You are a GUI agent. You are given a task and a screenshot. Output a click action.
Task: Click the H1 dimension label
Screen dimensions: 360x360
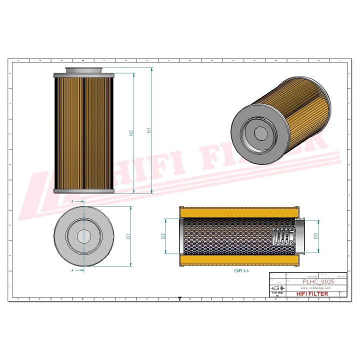pyautogui.click(x=149, y=131)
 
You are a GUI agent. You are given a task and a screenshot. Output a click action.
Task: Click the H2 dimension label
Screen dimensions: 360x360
pyautogui.click(x=131, y=133)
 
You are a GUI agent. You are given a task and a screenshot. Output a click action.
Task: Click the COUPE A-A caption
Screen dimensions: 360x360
pyautogui.click(x=241, y=270)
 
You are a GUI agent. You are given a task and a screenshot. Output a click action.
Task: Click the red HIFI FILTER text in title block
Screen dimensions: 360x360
pyautogui.click(x=313, y=294)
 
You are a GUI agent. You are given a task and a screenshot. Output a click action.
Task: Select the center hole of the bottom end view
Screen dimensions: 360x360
pyautogui.click(x=83, y=236)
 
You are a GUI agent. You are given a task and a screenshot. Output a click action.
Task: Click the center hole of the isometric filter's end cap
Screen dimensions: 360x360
pyautogui.click(x=260, y=133)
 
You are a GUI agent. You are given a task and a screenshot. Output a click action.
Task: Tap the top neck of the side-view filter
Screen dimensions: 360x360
pyautogui.click(x=83, y=70)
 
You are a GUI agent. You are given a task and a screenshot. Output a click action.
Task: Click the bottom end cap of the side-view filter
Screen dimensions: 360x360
pyautogui.click(x=83, y=191)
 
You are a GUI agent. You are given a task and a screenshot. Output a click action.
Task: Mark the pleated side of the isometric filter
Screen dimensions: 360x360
pyautogui.click(x=300, y=105)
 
